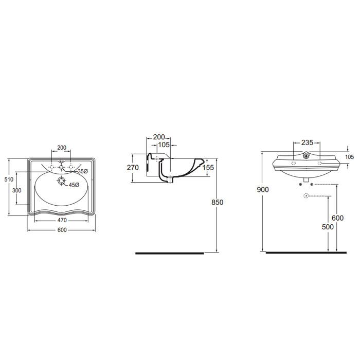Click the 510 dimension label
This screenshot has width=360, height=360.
point(9,179)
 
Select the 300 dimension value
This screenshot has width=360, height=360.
point(17,190)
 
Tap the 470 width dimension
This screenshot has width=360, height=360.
point(62,220)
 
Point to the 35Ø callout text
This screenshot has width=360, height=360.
point(83,171)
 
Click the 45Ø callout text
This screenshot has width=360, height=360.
point(74,185)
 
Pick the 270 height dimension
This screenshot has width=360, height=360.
point(133,168)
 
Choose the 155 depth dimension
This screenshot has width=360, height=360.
point(208,168)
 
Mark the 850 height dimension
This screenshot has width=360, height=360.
point(218,202)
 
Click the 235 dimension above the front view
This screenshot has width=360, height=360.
point(307,142)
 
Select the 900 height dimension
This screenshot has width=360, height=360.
point(263,190)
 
